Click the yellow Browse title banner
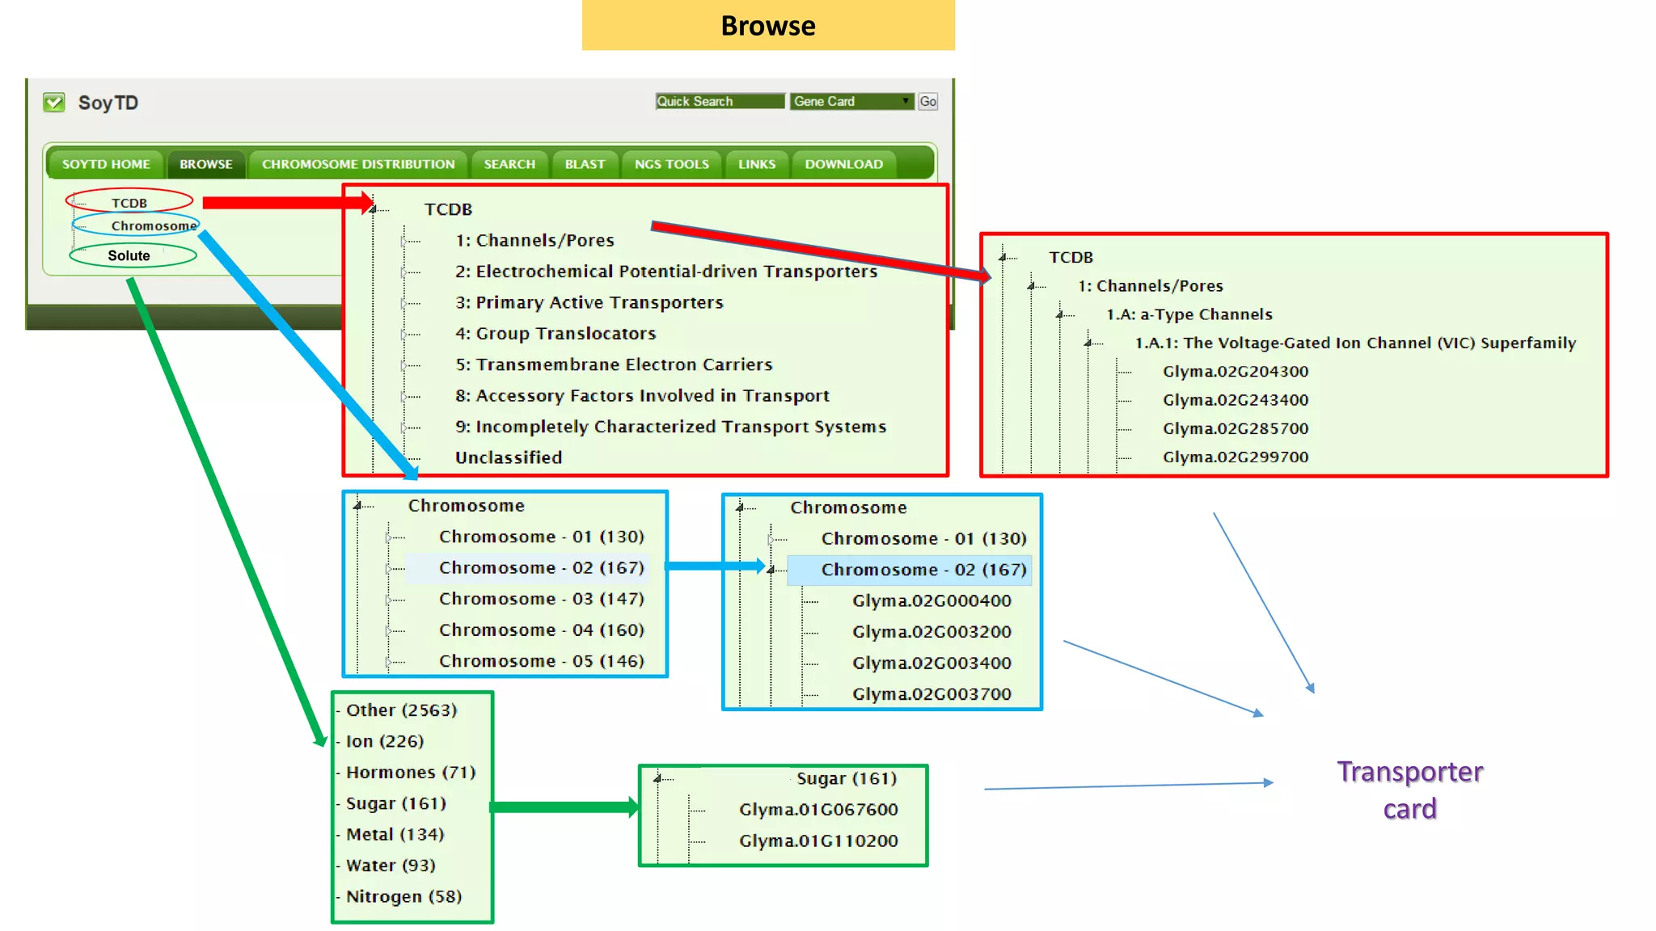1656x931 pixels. [x=768, y=25]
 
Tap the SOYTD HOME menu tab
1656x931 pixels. [x=106, y=164]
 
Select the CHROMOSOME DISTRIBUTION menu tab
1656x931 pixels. [x=358, y=164]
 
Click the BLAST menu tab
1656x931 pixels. [x=585, y=164]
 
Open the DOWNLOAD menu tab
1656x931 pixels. [x=843, y=164]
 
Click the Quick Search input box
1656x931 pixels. [x=720, y=101]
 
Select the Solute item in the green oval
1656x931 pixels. [x=129, y=255]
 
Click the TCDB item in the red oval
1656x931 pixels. [x=129, y=203]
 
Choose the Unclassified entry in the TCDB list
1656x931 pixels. [x=508, y=457]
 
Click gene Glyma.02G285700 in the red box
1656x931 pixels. [x=1235, y=428]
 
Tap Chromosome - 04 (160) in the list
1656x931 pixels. [x=541, y=630]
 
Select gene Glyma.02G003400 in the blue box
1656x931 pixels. [x=931, y=663]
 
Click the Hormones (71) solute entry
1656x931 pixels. [x=410, y=772]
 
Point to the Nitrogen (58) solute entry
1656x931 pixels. [x=403, y=896]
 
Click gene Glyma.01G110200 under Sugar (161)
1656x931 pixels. [x=818, y=840]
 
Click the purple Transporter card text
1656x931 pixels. [x=1409, y=790]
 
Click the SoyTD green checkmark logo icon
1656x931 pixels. [x=54, y=103]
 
